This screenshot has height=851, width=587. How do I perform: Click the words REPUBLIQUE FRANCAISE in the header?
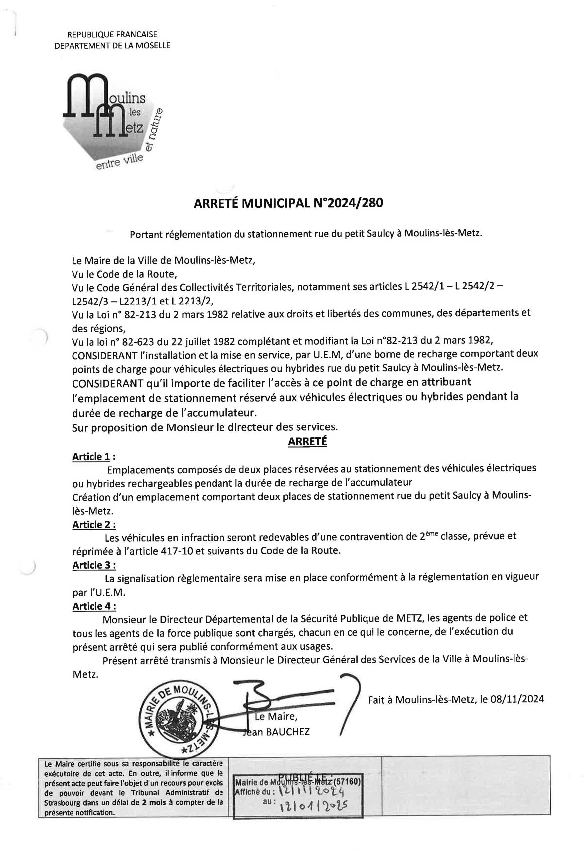point(112,35)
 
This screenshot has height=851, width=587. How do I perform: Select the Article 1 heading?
point(91,457)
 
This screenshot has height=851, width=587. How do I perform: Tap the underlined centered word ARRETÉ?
point(307,441)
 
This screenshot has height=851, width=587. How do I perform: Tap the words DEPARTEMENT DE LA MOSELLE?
point(112,45)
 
